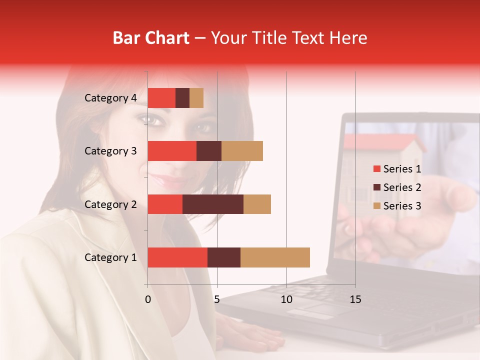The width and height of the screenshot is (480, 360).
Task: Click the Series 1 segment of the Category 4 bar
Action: click(x=161, y=98)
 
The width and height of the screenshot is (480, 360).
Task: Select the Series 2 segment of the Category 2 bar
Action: click(x=213, y=204)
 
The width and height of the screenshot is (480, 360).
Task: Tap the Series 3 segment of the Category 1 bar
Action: click(x=275, y=257)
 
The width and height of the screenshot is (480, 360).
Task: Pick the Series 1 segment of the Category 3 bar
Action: click(x=172, y=151)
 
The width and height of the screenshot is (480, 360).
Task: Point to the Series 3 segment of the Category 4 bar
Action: click(x=196, y=98)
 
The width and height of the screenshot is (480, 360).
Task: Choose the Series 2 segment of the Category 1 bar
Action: click(x=224, y=257)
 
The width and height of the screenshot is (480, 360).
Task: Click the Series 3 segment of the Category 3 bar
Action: click(x=242, y=151)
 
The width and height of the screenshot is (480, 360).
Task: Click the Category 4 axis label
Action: click(x=110, y=98)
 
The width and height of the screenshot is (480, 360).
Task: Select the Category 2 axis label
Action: click(x=110, y=204)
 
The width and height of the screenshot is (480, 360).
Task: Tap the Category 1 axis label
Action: click(x=110, y=257)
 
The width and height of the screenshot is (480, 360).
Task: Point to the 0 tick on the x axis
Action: click(x=148, y=299)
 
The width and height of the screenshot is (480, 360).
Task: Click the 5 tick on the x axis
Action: click(x=217, y=299)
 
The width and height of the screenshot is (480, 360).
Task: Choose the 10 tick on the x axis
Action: click(x=286, y=299)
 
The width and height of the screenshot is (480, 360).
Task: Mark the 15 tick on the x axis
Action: click(x=355, y=299)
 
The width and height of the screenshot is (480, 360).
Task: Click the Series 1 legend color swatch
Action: click(x=376, y=169)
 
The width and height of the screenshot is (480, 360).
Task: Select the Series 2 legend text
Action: click(x=402, y=187)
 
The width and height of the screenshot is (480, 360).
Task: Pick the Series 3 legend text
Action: click(x=402, y=206)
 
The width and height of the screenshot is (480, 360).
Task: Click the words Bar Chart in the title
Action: click(x=150, y=38)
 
